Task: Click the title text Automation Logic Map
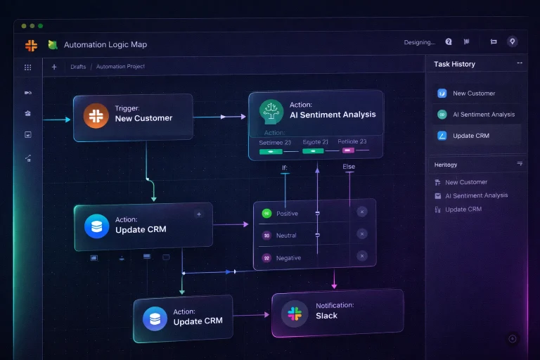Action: (x=105, y=45)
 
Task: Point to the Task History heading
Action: (x=454, y=64)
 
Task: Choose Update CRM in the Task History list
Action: (x=471, y=136)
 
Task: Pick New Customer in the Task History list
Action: (x=474, y=94)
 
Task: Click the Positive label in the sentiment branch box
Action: (x=287, y=214)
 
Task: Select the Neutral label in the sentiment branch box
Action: (x=286, y=236)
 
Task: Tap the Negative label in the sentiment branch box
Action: (x=288, y=258)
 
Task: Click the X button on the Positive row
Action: (x=362, y=212)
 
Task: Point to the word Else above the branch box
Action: (x=349, y=167)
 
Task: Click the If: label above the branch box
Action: (x=285, y=167)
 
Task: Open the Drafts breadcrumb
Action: (x=78, y=67)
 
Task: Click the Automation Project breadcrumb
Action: (x=120, y=67)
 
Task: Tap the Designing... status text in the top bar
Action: (x=419, y=43)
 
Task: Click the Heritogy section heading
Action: (x=446, y=165)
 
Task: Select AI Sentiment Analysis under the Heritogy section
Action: (x=476, y=195)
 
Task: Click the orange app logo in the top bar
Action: (x=31, y=45)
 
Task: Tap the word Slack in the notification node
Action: (x=326, y=316)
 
